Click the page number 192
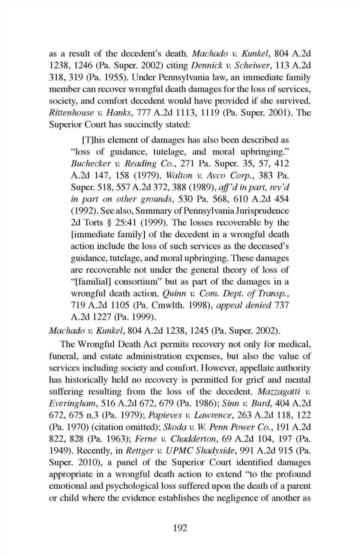pyautogui.click(x=180, y=528)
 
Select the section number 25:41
pyautogui.click(x=126, y=223)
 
